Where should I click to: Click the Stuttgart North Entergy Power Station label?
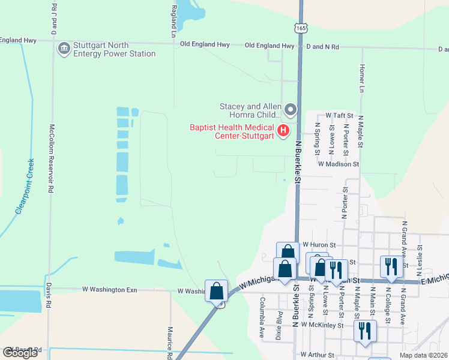(114, 49)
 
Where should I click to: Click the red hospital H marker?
(283, 130)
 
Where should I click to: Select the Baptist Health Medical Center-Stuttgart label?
(232, 131)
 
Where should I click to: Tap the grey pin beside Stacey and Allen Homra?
(291, 109)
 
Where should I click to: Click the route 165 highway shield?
(300, 28)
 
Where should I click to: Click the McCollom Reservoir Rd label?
(52, 158)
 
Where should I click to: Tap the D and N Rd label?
(322, 46)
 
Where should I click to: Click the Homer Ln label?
(361, 79)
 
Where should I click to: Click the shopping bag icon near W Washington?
(216, 292)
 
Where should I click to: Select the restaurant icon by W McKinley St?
(364, 330)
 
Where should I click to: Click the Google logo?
(20, 353)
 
